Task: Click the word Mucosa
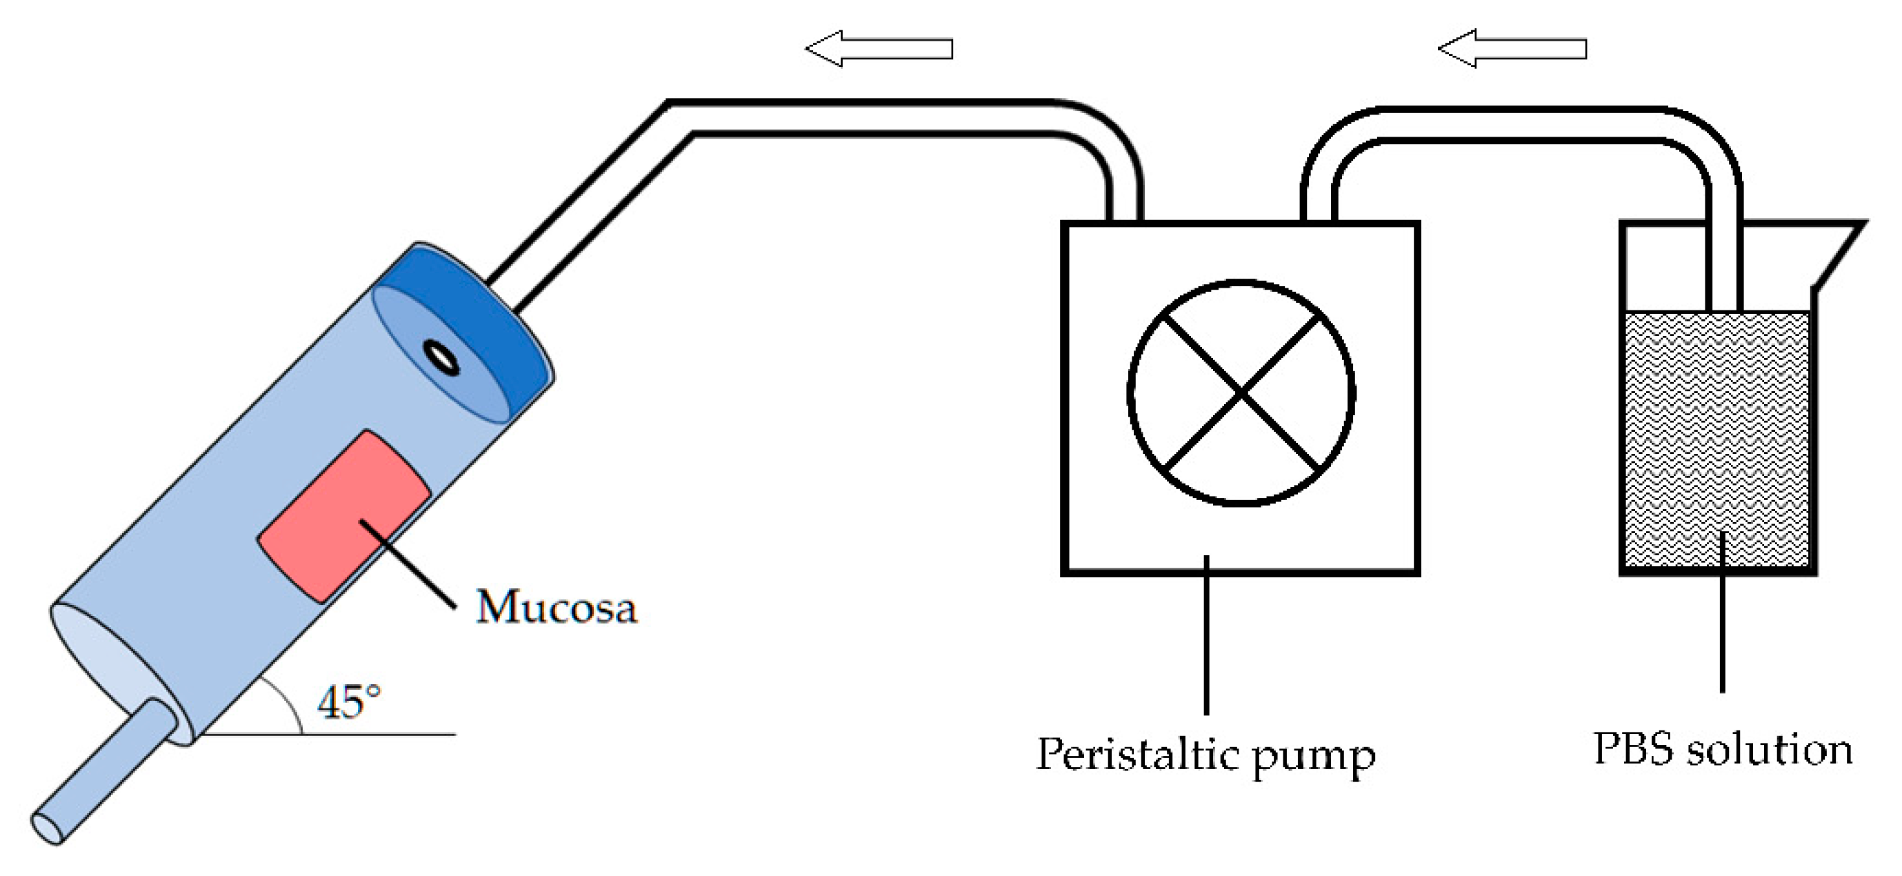point(556,607)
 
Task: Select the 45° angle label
point(348,701)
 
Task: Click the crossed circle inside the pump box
point(1241,393)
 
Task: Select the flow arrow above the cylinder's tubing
point(879,49)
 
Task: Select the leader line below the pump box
point(1206,635)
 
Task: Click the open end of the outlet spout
point(48,827)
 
